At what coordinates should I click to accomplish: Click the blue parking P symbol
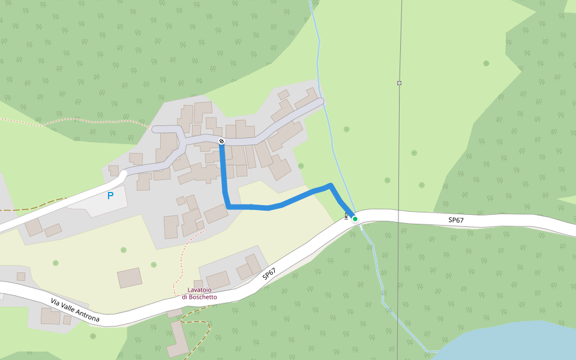pyautogui.click(x=110, y=196)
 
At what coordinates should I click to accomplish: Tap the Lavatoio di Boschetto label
pyautogui.click(x=199, y=293)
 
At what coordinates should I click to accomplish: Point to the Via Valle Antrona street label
pyautogui.click(x=75, y=310)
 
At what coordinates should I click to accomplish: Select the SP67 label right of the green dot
pyautogui.click(x=456, y=220)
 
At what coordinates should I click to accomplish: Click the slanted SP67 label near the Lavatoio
pyautogui.click(x=270, y=274)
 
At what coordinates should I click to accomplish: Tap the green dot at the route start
pyautogui.click(x=355, y=219)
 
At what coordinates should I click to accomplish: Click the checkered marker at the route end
pyautogui.click(x=221, y=142)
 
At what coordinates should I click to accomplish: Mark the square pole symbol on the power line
pyautogui.click(x=399, y=83)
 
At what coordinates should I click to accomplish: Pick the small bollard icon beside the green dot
pyautogui.click(x=346, y=216)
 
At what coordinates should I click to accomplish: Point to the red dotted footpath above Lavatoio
pyautogui.click(x=181, y=258)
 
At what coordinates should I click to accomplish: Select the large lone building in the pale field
pyautogui.click(x=130, y=278)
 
